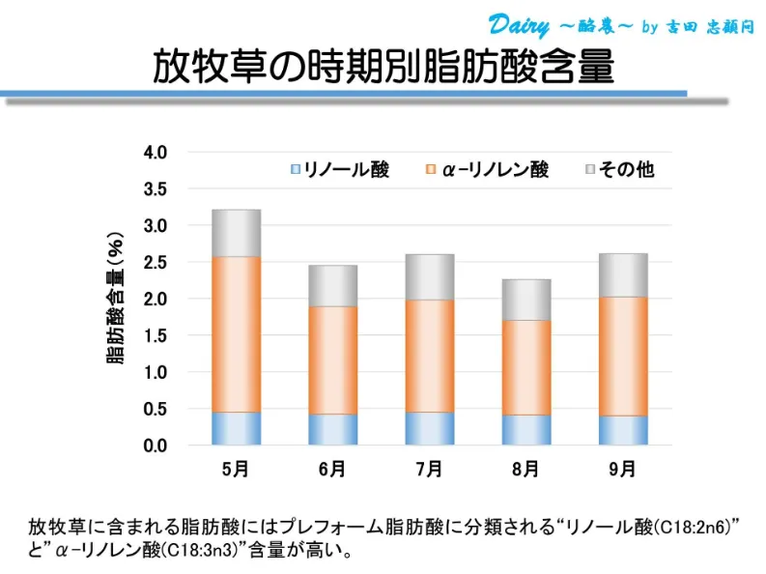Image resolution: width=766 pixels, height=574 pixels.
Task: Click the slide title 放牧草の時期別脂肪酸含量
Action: click(383, 66)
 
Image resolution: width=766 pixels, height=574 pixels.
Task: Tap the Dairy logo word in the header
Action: click(519, 24)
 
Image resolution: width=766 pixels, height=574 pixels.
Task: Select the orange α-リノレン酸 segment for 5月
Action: click(236, 334)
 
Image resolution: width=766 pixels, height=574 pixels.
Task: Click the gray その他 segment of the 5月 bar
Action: click(236, 233)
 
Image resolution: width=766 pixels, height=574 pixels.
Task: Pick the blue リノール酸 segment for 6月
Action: click(332, 429)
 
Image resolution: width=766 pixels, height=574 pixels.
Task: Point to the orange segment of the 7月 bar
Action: click(429, 356)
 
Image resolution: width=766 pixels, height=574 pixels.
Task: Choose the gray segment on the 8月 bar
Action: click(525, 300)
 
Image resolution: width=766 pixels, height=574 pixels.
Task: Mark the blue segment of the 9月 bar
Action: click(622, 430)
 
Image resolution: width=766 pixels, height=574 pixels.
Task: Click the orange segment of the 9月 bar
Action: click(622, 356)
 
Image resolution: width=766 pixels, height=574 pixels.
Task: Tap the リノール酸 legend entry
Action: click(340, 170)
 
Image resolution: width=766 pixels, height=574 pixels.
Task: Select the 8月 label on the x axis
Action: click(525, 471)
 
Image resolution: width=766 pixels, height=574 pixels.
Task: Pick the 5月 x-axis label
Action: click(236, 471)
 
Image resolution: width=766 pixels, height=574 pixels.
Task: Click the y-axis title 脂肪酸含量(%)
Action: click(116, 299)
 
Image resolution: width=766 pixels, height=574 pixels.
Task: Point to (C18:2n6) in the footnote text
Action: click(696, 528)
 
